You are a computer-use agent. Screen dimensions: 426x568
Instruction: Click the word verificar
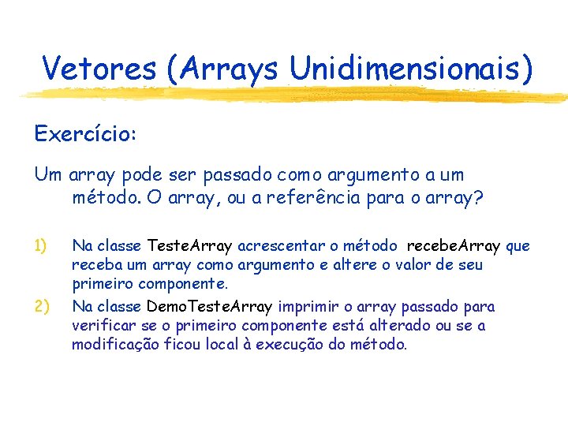(x=101, y=325)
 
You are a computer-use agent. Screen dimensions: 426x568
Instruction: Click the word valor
(x=409, y=265)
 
